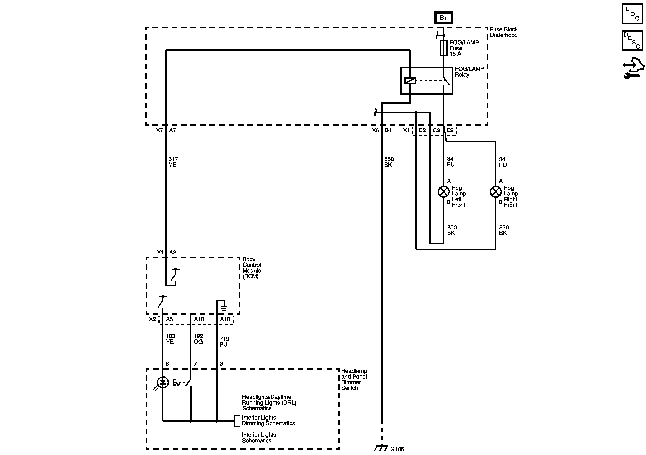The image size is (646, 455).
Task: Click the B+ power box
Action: (x=443, y=18)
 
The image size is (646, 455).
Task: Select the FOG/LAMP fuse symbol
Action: (x=444, y=48)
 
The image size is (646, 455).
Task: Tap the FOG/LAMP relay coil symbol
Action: (x=410, y=80)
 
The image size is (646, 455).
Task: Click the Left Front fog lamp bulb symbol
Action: (x=444, y=192)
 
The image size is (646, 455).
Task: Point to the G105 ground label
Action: (x=397, y=449)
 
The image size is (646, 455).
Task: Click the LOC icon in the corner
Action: (x=632, y=13)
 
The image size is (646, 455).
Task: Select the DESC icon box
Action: (x=632, y=41)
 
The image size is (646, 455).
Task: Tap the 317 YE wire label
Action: (x=173, y=162)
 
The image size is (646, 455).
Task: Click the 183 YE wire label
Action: (x=170, y=339)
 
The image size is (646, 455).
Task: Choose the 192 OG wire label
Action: (x=198, y=339)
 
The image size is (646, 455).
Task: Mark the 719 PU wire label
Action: (x=224, y=342)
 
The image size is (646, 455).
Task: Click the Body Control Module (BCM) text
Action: (x=252, y=267)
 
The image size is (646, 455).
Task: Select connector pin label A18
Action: (x=199, y=319)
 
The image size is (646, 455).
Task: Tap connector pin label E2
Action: (x=450, y=130)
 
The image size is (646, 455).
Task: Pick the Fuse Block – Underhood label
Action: (x=506, y=32)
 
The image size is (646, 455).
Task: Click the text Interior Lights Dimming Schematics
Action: (x=268, y=420)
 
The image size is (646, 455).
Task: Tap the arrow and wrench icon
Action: (x=633, y=67)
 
